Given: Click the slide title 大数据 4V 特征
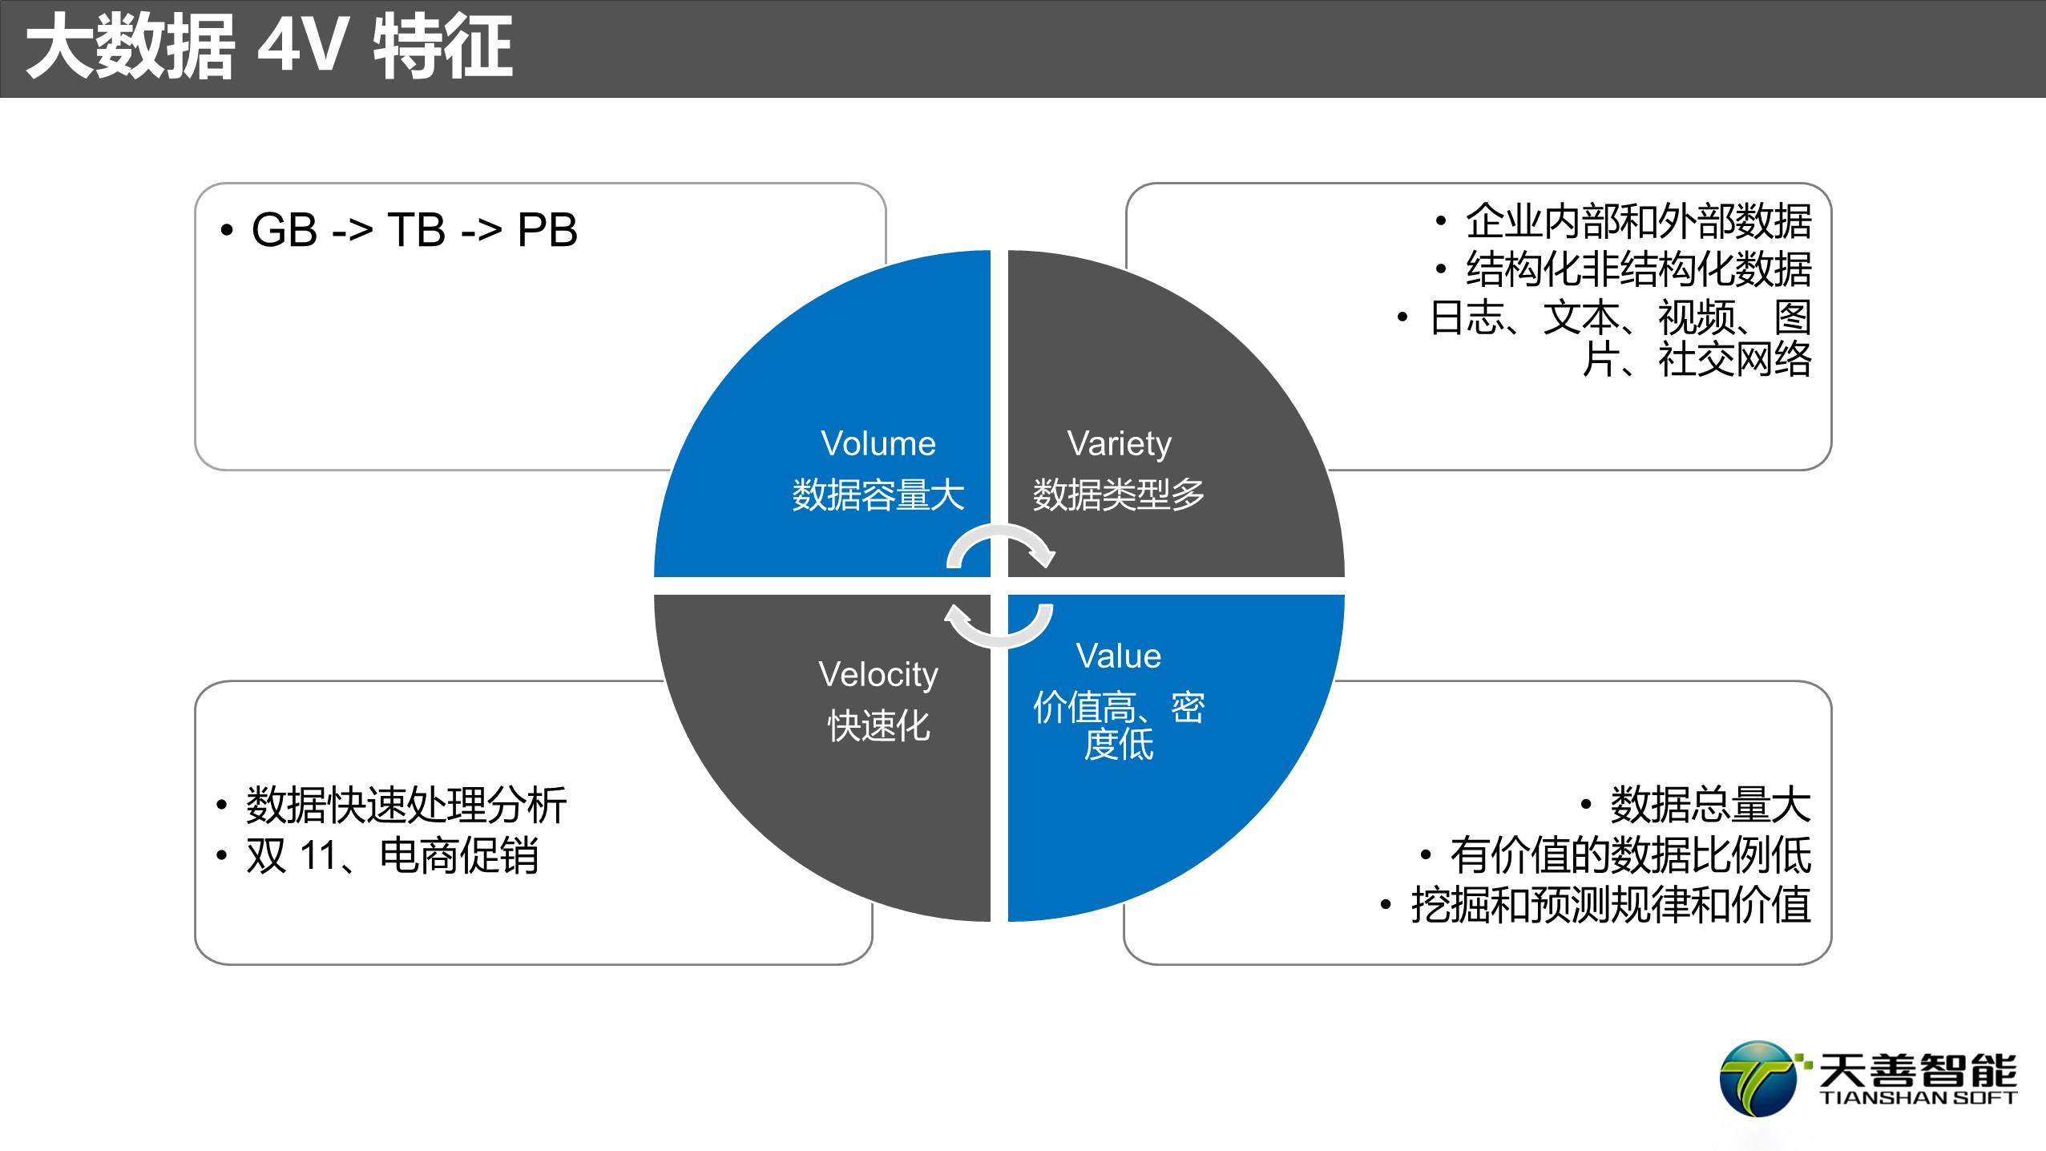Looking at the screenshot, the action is tap(269, 48).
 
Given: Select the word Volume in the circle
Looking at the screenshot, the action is tap(878, 443).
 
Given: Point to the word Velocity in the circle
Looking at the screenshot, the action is tap(878, 676).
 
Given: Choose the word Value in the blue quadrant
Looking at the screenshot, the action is tap(1119, 656).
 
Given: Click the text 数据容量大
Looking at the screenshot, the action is tap(878, 495).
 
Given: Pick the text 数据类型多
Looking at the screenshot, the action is tap(1119, 495).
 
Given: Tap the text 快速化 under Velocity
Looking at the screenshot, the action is tap(879, 726).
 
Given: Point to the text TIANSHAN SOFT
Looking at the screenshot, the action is tap(1917, 1097).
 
